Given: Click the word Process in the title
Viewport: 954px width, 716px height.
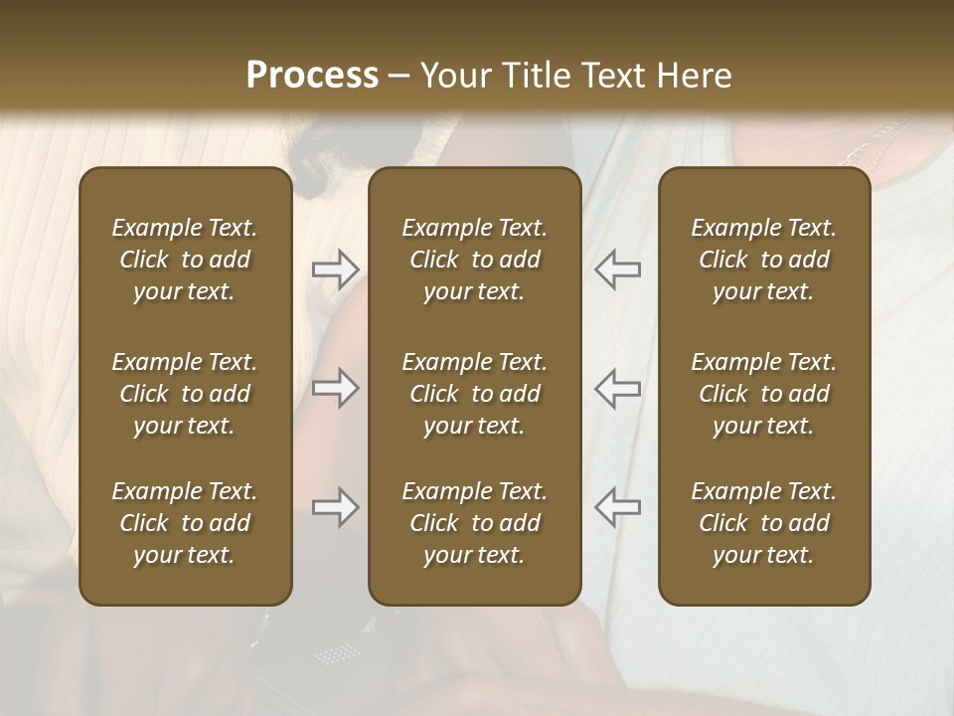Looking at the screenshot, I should coord(312,76).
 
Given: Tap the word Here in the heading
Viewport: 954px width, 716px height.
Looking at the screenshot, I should coord(692,76).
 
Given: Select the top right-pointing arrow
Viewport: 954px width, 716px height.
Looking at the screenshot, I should coord(335,269).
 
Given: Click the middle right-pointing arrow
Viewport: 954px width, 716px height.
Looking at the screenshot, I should coord(335,388).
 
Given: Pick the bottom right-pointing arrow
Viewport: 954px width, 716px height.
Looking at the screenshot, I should coord(335,507).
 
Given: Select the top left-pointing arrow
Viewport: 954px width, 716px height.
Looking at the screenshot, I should coord(618,269).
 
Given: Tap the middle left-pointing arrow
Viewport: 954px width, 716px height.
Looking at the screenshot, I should coord(618,388).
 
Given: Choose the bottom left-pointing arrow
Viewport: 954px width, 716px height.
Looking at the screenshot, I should coord(618,507).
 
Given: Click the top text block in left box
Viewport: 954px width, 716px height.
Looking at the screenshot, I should coord(185,260).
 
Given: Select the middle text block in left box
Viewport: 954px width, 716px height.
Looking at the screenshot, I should coord(185,394).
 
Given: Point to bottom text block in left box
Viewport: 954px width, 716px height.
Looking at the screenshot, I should coord(185,523).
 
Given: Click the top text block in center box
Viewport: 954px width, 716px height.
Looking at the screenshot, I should coord(474,260).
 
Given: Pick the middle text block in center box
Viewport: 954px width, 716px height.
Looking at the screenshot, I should coord(474,394).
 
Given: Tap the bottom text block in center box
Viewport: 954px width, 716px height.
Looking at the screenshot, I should coord(474,523).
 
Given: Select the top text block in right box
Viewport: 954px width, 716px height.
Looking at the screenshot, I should coord(764,260).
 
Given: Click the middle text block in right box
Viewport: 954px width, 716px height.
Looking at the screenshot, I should coord(764,394).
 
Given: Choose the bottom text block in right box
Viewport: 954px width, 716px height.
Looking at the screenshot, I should coord(764,523).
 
